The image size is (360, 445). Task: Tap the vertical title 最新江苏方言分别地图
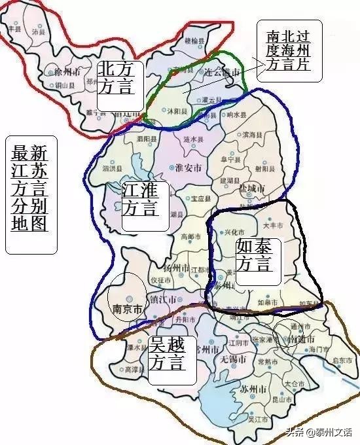point(29,194)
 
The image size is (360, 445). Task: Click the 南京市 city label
point(127,310)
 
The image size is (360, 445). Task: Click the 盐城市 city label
point(251,188)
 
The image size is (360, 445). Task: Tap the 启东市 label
point(342,359)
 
